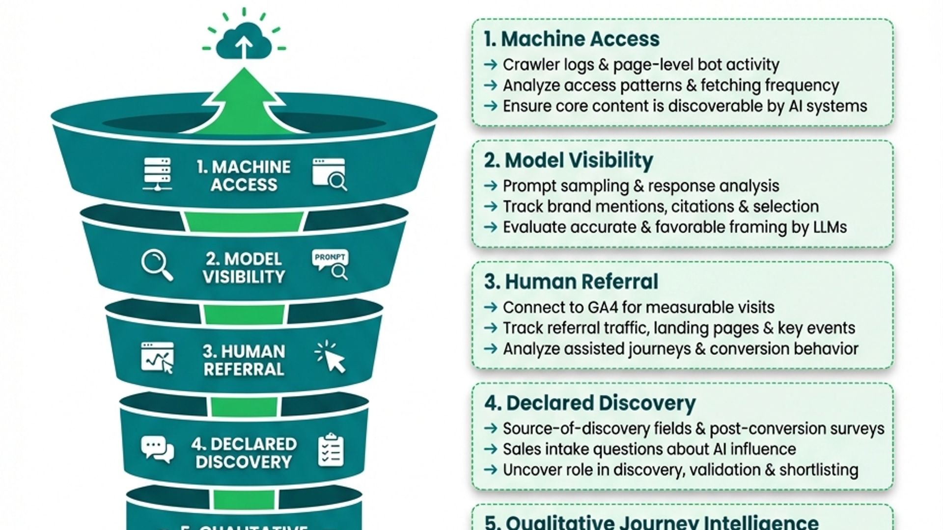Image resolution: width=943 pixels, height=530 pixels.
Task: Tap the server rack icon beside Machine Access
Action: click(157, 174)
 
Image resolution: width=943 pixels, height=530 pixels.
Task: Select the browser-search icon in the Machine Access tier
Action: click(330, 174)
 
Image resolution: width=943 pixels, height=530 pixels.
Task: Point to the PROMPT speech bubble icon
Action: click(330, 264)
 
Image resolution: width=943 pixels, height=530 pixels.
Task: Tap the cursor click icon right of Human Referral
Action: click(331, 357)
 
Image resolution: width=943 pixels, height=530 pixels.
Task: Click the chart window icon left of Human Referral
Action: click(157, 358)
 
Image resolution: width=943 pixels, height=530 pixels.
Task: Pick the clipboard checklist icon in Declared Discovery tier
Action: click(331, 450)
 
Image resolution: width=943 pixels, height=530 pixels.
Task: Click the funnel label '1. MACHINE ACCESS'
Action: click(244, 176)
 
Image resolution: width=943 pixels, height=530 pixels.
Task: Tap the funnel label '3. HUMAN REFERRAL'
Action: click(244, 360)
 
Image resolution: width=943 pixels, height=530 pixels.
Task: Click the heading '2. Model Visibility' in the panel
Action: click(568, 160)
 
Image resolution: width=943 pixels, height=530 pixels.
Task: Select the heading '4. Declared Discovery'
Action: click(589, 403)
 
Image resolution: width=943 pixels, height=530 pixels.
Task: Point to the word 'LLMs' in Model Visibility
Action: click(828, 227)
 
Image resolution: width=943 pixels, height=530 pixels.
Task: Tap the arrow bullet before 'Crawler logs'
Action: click(491, 65)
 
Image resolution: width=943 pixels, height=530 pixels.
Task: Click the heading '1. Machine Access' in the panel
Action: click(571, 39)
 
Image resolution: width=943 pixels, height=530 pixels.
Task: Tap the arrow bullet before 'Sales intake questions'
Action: click(491, 450)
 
